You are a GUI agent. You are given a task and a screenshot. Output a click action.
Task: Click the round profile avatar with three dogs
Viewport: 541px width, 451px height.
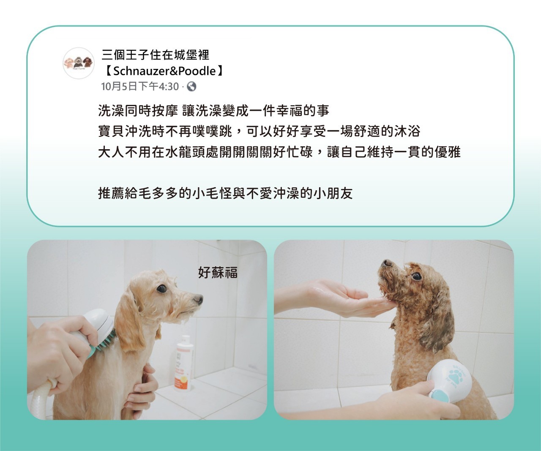(79, 63)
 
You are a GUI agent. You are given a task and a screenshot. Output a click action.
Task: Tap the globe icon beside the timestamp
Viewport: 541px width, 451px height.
(191, 87)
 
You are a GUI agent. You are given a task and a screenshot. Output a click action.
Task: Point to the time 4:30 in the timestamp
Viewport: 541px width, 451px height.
(168, 87)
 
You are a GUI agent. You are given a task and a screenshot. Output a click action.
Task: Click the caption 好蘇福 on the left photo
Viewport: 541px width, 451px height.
(218, 272)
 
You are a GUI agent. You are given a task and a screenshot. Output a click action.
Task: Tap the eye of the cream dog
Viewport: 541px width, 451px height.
(162, 289)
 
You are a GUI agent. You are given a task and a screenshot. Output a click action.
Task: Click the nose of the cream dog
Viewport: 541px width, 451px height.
(198, 299)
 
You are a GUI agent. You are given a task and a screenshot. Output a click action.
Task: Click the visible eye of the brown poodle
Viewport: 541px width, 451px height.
(416, 276)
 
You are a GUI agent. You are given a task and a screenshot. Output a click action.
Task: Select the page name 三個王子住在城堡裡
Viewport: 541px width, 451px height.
(156, 55)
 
